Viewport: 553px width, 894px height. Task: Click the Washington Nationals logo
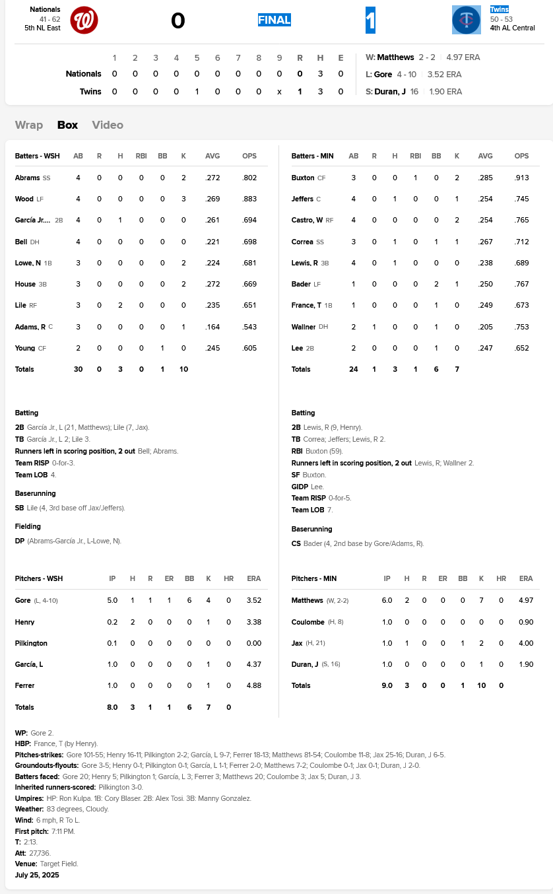pos(84,20)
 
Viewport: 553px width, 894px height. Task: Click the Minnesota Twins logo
pos(466,20)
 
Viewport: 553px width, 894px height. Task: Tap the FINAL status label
pos(274,20)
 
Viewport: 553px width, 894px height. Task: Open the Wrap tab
pos(29,125)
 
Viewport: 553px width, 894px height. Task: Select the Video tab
pos(108,125)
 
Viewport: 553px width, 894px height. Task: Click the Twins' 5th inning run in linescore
pos(197,91)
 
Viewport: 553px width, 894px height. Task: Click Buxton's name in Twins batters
pos(303,178)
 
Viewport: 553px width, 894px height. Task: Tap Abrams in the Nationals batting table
pos(28,178)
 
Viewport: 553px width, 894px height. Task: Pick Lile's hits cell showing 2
pos(120,305)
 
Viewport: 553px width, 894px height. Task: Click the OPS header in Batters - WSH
pos(249,156)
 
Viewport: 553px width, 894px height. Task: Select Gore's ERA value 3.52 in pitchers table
pos(253,600)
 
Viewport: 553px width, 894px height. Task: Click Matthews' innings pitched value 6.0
pos(387,600)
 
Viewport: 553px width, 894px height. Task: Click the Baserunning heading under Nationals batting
pos(36,493)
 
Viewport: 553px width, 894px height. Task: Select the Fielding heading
pos(28,526)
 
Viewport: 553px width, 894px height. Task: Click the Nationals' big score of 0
pos(178,21)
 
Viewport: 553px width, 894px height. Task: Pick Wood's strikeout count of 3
pos(183,199)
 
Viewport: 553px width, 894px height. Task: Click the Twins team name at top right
pos(499,10)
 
